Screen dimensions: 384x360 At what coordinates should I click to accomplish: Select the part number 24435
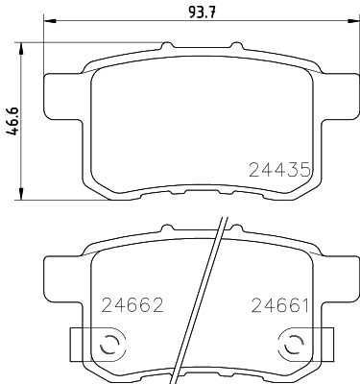(280, 170)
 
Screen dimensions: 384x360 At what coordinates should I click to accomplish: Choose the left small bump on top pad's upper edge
(167, 46)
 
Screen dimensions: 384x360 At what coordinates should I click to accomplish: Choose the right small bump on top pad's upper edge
(231, 46)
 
